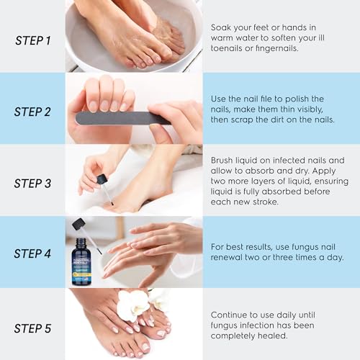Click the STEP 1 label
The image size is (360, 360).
(x=33, y=40)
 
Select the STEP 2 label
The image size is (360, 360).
(x=33, y=112)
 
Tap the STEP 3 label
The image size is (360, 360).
(x=33, y=183)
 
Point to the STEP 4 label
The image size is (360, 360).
(x=33, y=254)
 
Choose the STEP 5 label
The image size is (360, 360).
(x=33, y=328)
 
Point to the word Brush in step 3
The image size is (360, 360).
(x=224, y=160)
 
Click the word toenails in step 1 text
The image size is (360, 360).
(x=228, y=49)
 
